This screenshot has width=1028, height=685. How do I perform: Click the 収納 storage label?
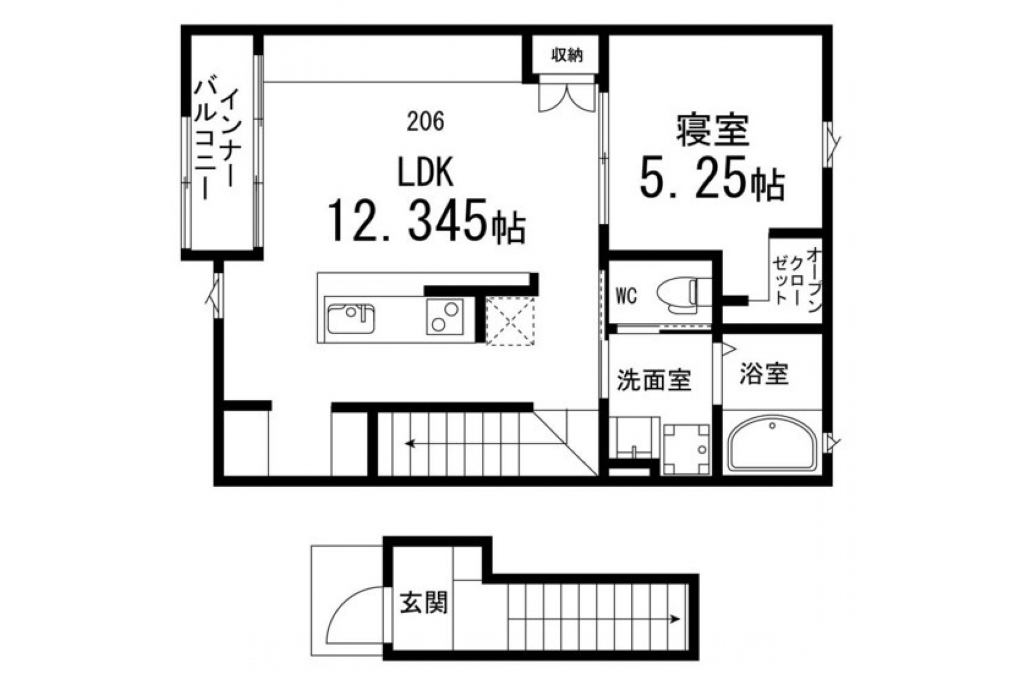566,55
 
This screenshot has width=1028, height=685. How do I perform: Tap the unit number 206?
426,122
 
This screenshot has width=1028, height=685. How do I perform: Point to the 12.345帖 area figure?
427,221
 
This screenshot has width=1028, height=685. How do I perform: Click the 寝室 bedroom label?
712,131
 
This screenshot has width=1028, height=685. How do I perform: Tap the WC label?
626,297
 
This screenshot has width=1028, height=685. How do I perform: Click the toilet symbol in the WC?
677,292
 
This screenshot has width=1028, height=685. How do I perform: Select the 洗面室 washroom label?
654,381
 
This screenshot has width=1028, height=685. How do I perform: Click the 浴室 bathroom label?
764,374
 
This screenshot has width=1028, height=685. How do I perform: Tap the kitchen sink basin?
351,318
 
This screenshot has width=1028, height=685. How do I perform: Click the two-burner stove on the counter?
445,316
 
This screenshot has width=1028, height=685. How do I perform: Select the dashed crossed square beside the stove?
510,321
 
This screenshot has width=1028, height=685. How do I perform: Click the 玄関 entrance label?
424,602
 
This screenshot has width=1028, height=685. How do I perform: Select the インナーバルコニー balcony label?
215,141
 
